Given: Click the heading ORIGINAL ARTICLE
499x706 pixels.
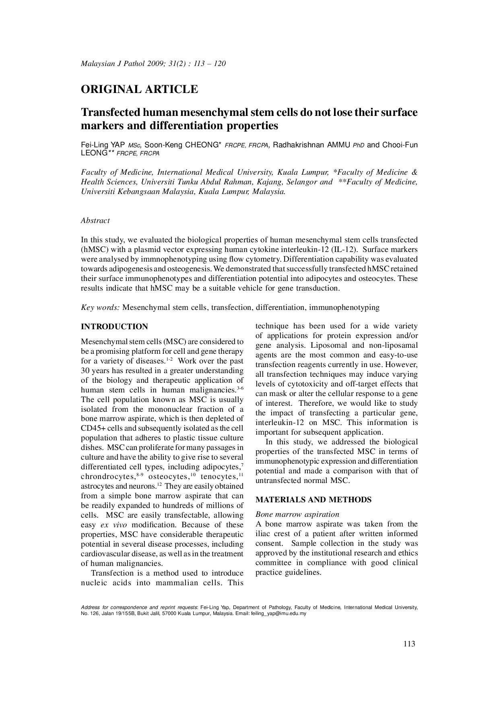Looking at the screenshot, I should [139, 89].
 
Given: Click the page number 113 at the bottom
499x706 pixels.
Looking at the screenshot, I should [409, 644].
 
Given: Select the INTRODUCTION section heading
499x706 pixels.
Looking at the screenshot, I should [115, 327].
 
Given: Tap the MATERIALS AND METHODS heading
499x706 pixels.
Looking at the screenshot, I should [313, 500].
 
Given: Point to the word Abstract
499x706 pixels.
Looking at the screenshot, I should [95, 221].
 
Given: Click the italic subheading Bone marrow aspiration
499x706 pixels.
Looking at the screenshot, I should [297, 514].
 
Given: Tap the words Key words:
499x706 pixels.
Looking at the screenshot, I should [100, 308].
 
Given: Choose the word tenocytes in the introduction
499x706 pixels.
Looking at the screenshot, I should [219, 477].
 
